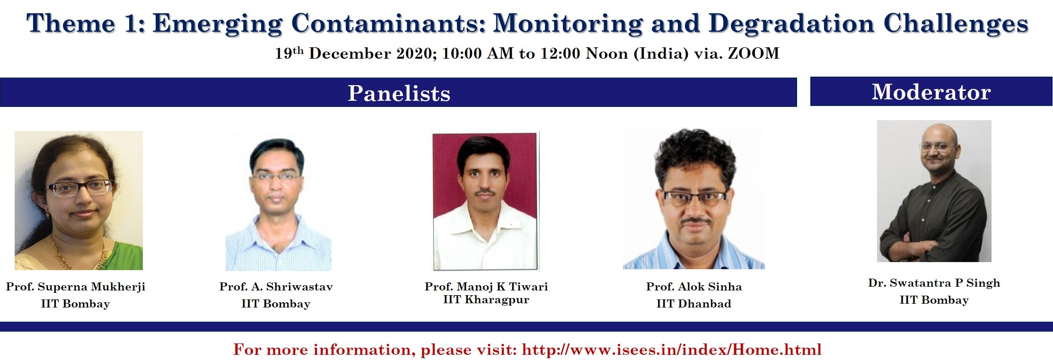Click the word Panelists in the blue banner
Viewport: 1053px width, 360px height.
(399, 93)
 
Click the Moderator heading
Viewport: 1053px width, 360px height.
(931, 92)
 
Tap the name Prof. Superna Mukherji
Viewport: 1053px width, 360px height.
(76, 287)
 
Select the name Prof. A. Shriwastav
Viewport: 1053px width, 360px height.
(276, 287)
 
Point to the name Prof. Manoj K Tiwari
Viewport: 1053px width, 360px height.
(486, 286)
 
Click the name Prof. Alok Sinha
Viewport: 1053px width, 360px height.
(694, 287)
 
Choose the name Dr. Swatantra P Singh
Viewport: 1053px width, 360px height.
(934, 283)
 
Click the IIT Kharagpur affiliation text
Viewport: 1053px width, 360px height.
(486, 299)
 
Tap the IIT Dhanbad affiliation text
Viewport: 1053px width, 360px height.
(693, 304)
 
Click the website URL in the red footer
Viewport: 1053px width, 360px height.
(671, 350)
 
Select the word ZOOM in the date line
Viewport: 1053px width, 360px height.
(754, 53)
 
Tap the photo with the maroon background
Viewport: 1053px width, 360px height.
(485, 202)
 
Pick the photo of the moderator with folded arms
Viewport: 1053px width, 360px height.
(934, 191)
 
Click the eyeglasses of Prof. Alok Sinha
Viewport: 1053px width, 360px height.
(694, 198)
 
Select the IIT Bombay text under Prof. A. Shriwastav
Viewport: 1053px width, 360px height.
(276, 304)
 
